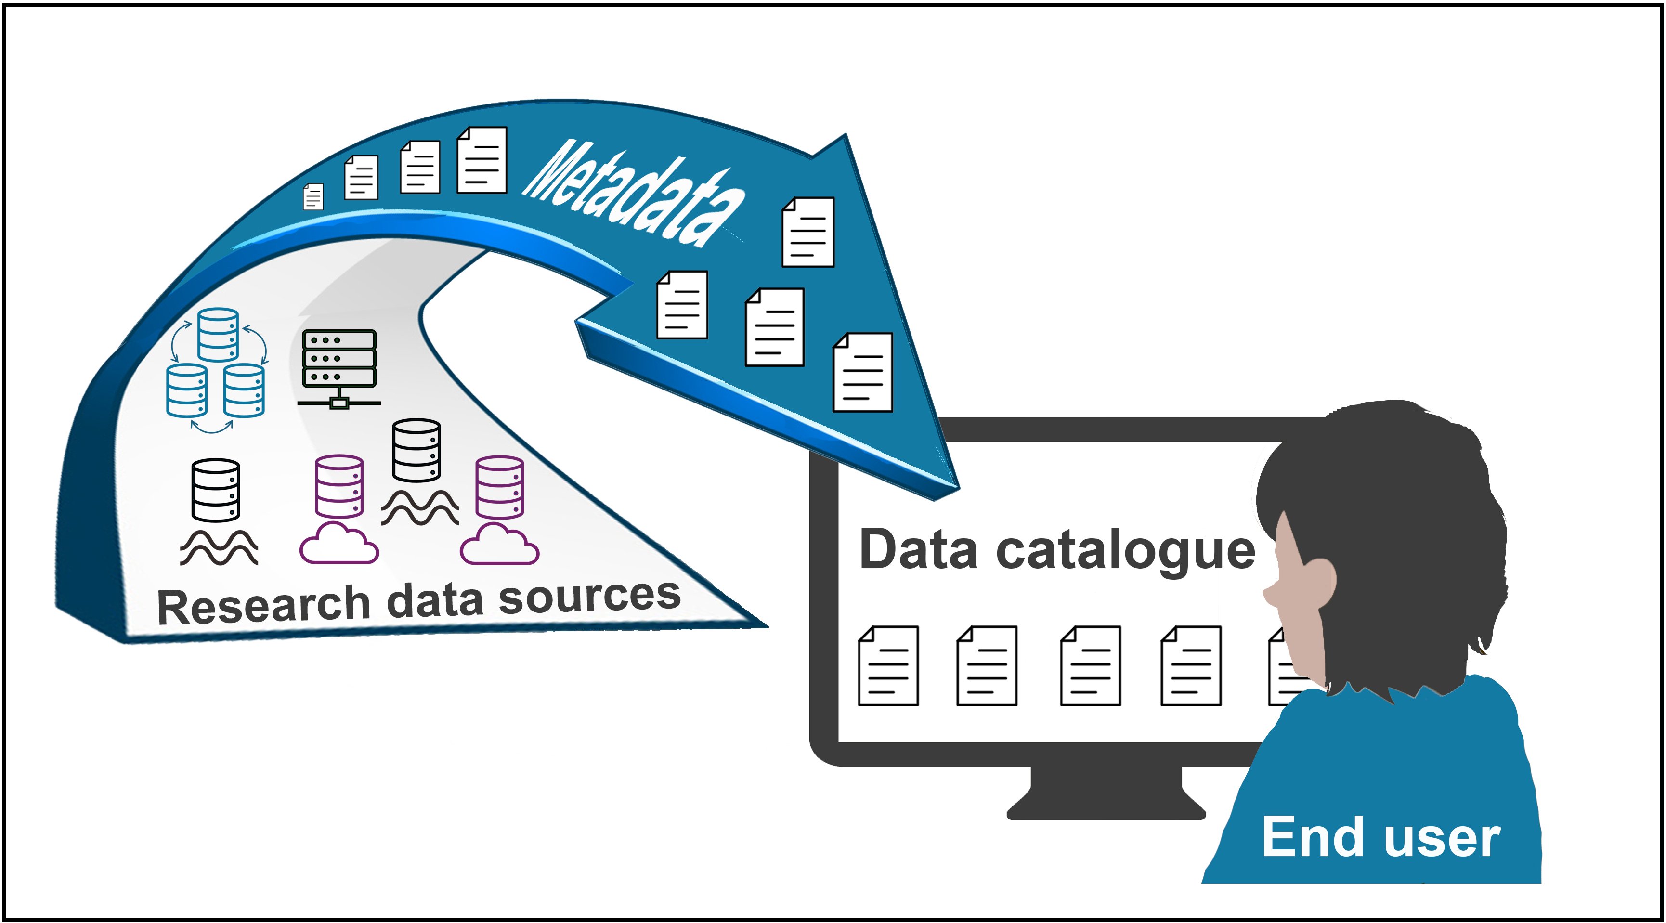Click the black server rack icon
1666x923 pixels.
339,367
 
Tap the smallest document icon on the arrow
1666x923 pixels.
313,196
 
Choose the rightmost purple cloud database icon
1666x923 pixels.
499,511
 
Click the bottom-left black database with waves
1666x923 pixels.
217,511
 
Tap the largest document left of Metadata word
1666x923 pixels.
482,160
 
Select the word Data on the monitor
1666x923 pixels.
918,550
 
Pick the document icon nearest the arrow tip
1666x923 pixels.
863,373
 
